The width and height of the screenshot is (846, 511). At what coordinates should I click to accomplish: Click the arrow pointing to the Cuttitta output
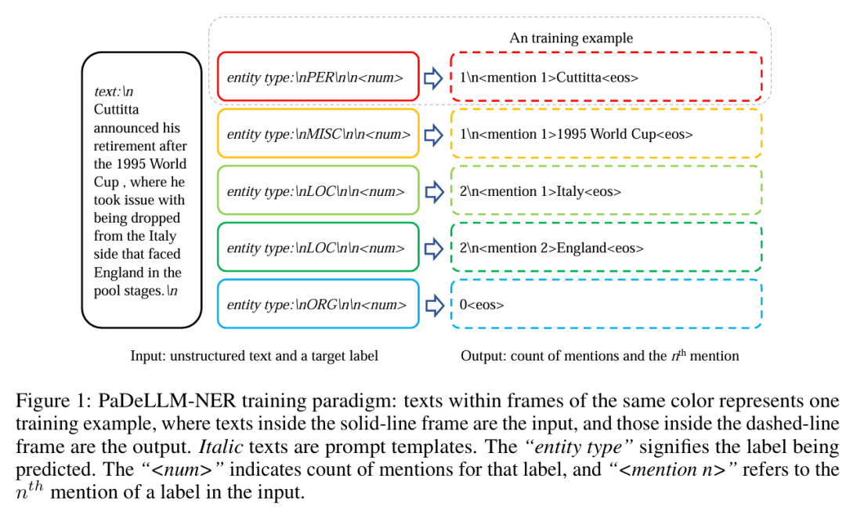433,78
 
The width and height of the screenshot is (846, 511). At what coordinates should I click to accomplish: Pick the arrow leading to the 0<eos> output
433,305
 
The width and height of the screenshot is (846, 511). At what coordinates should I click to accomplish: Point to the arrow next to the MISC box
433,134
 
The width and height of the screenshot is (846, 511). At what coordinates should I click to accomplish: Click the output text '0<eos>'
481,305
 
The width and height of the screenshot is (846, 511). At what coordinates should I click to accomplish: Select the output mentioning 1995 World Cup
576,134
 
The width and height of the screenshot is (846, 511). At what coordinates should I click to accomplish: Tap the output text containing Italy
540,191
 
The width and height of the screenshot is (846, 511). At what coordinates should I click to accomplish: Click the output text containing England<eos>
551,248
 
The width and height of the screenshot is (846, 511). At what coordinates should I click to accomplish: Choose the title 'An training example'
571,38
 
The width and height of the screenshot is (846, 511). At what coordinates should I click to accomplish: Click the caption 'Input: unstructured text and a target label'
254,356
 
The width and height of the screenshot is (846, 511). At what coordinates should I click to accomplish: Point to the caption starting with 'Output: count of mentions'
599,356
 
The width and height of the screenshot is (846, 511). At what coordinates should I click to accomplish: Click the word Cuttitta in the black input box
116,110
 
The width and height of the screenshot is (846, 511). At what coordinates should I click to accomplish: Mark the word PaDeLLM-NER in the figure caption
167,401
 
